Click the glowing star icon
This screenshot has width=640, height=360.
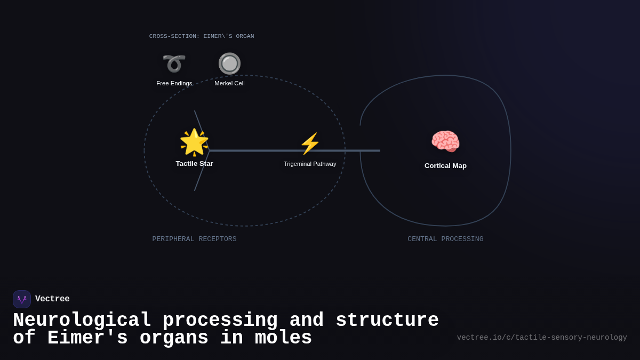(x=194, y=142)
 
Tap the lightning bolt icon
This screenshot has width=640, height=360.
(x=310, y=143)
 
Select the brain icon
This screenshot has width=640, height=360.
(x=445, y=142)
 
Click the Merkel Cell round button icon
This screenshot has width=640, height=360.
(x=229, y=63)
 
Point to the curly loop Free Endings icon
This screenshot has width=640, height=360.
(x=174, y=63)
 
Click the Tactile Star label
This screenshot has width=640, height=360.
(x=194, y=164)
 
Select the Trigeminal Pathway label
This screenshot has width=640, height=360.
(x=310, y=164)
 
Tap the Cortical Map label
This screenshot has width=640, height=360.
(x=445, y=166)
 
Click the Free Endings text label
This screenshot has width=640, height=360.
(x=174, y=83)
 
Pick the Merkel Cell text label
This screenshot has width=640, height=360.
(x=229, y=83)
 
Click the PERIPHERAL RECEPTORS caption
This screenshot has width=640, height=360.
(x=194, y=239)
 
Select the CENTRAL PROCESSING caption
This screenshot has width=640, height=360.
(x=445, y=239)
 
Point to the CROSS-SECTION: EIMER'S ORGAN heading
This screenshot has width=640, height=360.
(x=202, y=36)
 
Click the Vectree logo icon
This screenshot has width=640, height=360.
(x=22, y=299)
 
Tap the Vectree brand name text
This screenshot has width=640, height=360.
(x=52, y=299)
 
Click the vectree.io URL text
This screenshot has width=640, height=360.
(x=542, y=338)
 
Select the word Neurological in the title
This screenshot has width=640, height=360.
(x=82, y=321)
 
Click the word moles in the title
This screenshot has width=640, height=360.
(x=283, y=338)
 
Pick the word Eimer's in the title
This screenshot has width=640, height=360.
(x=87, y=338)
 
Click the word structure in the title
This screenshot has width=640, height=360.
(x=387, y=321)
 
